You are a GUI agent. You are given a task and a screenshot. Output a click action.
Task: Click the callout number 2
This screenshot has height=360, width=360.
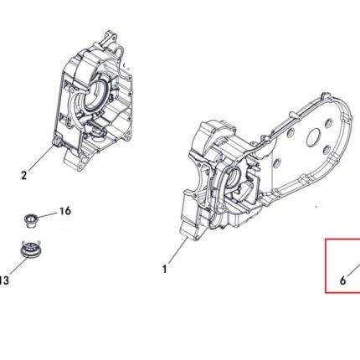(24, 175)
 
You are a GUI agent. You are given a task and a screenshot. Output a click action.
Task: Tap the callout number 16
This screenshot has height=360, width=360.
(65, 211)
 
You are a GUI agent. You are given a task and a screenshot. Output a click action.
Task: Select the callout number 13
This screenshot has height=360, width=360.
(4, 280)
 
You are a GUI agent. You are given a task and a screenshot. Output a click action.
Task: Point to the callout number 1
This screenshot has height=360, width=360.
(165, 270)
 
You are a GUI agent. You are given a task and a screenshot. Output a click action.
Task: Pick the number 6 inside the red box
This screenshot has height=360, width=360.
(343, 280)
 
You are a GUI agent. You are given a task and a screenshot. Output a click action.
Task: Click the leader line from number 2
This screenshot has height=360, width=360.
(41, 157)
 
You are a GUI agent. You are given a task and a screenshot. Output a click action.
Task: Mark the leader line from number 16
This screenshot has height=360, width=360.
(47, 215)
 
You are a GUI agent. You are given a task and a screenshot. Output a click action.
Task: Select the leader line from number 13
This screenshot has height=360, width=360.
(18, 266)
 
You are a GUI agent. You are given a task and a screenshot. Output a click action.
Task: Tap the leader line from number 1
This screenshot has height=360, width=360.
(177, 250)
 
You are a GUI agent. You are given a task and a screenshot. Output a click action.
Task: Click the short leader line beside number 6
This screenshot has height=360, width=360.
(354, 270)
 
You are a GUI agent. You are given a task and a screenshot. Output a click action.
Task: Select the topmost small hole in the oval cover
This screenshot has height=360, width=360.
(328, 123)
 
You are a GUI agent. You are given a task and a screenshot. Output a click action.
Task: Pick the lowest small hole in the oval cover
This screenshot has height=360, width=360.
(275, 162)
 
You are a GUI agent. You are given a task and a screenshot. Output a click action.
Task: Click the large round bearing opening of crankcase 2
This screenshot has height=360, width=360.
(96, 95)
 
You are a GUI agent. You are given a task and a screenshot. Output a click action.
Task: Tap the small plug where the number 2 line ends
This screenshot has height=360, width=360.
(57, 141)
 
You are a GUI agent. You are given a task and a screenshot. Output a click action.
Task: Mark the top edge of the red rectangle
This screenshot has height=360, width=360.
(342, 239)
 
